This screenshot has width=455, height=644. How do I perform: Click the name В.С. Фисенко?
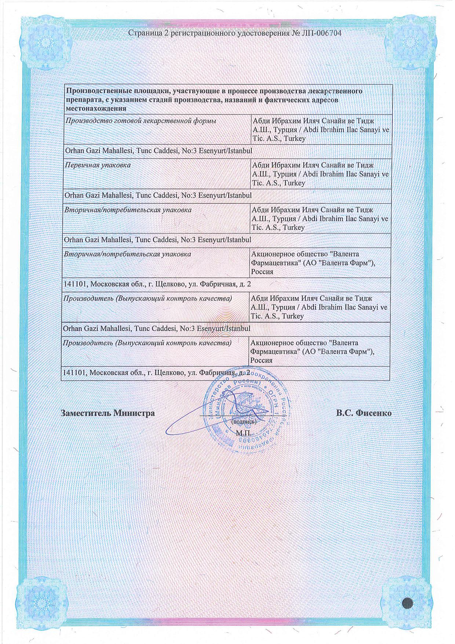pos(364,413)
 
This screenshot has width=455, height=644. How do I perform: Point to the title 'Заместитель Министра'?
pos(108,413)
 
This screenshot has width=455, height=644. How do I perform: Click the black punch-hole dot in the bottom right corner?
pos(408,602)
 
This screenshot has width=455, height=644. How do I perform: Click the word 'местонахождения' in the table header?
pos(96,109)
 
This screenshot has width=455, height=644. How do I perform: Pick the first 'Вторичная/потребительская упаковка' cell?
pos(128,210)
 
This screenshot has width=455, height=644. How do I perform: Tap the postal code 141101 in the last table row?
pos(74,372)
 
